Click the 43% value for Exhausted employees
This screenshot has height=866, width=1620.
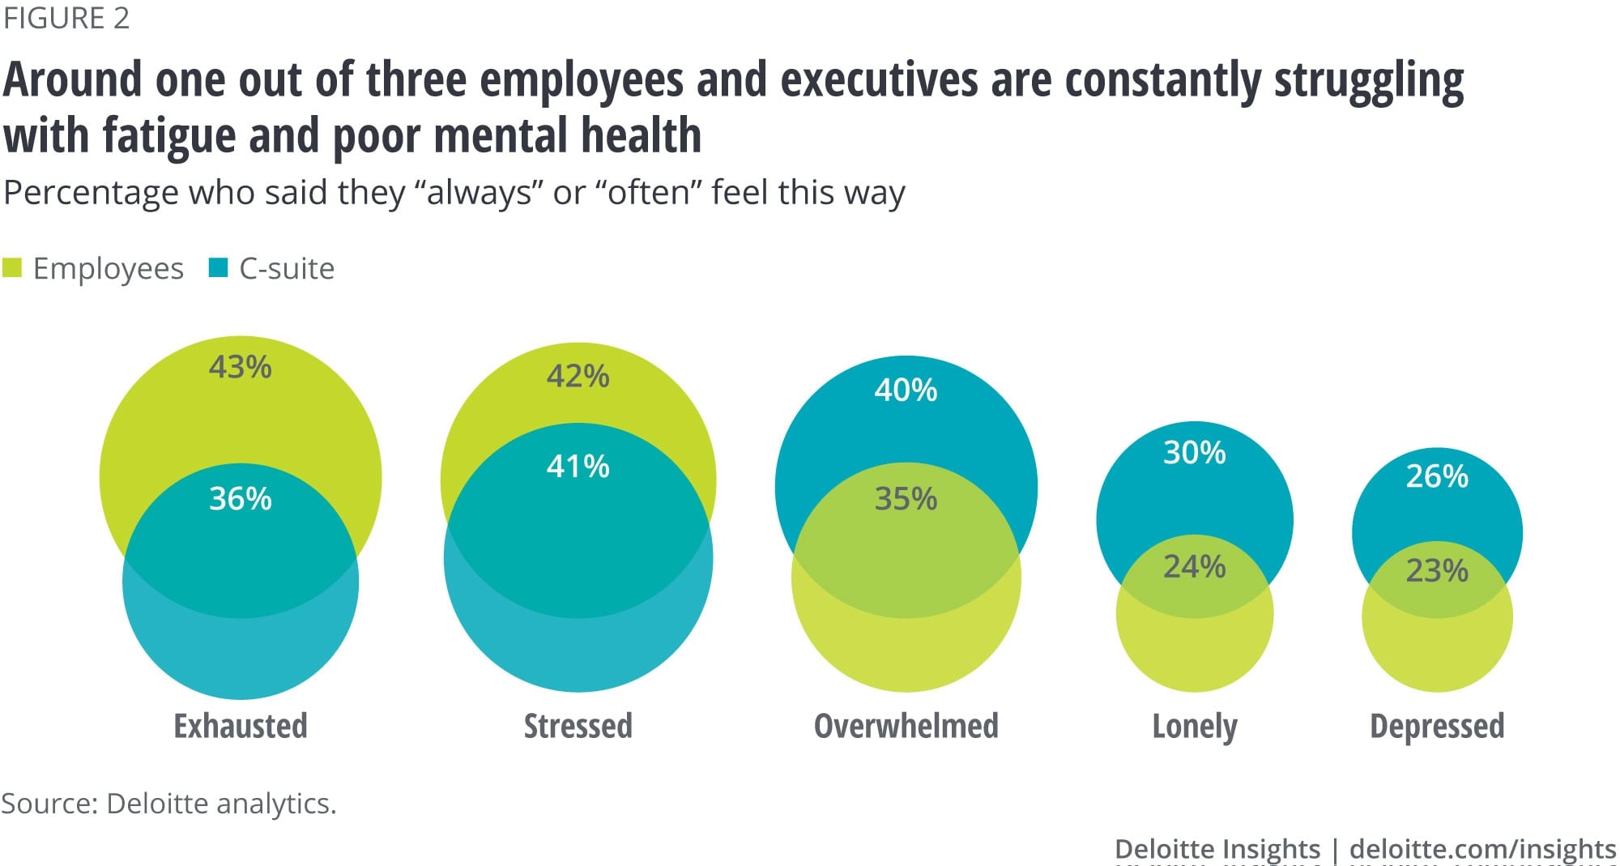coord(240,367)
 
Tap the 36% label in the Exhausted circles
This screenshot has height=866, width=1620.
coord(240,498)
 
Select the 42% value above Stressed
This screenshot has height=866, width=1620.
coord(578,376)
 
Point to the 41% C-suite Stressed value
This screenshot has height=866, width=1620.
coord(578,466)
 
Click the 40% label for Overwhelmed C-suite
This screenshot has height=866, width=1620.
coord(906,390)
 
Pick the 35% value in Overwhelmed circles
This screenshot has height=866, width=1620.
coord(906,498)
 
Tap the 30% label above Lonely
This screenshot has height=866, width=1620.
coord(1194,452)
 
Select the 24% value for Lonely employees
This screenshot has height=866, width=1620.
coord(1194,566)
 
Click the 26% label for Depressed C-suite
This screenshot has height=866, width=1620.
coord(1436,476)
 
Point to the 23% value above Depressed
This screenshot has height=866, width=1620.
coord(1436,570)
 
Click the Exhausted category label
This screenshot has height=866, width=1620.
coord(241,726)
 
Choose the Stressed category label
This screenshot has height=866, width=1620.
coord(578,726)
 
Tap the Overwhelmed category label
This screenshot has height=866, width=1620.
coord(906,726)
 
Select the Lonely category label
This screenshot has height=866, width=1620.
coord(1195,727)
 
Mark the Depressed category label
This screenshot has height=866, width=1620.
coord(1437,726)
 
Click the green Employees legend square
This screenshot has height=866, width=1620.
coord(12,267)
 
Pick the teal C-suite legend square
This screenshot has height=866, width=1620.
coord(218,267)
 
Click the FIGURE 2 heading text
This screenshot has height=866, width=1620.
coord(66,18)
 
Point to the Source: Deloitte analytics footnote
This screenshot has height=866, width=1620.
coord(168,803)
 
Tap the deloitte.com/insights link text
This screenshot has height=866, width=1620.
coord(1482,848)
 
